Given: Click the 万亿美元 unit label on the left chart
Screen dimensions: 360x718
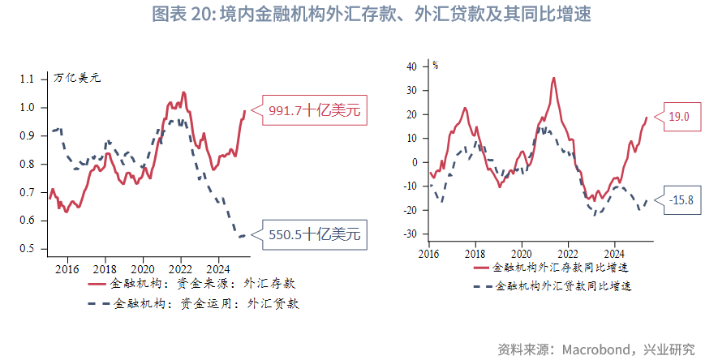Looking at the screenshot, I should [x=77, y=79].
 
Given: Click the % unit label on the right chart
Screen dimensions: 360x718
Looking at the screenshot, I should [x=436, y=65].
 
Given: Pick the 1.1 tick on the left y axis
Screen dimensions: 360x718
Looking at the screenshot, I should [x=28, y=79].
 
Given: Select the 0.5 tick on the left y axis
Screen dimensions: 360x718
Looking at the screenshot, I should [x=28, y=249].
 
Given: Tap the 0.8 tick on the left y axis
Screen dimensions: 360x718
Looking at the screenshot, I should [x=28, y=164].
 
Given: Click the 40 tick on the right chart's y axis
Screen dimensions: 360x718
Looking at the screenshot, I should [x=411, y=66].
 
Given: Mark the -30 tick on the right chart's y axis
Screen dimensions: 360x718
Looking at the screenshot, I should [x=409, y=234].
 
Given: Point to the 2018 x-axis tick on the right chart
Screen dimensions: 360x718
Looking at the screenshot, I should [x=475, y=253].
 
